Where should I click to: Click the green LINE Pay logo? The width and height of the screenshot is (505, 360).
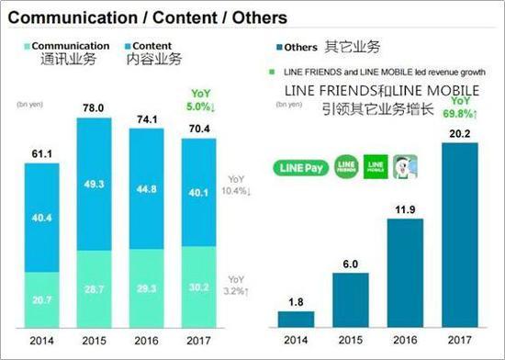(300, 168)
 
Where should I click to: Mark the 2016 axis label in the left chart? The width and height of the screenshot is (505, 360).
(151, 340)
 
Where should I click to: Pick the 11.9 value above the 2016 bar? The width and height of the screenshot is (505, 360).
(403, 208)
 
